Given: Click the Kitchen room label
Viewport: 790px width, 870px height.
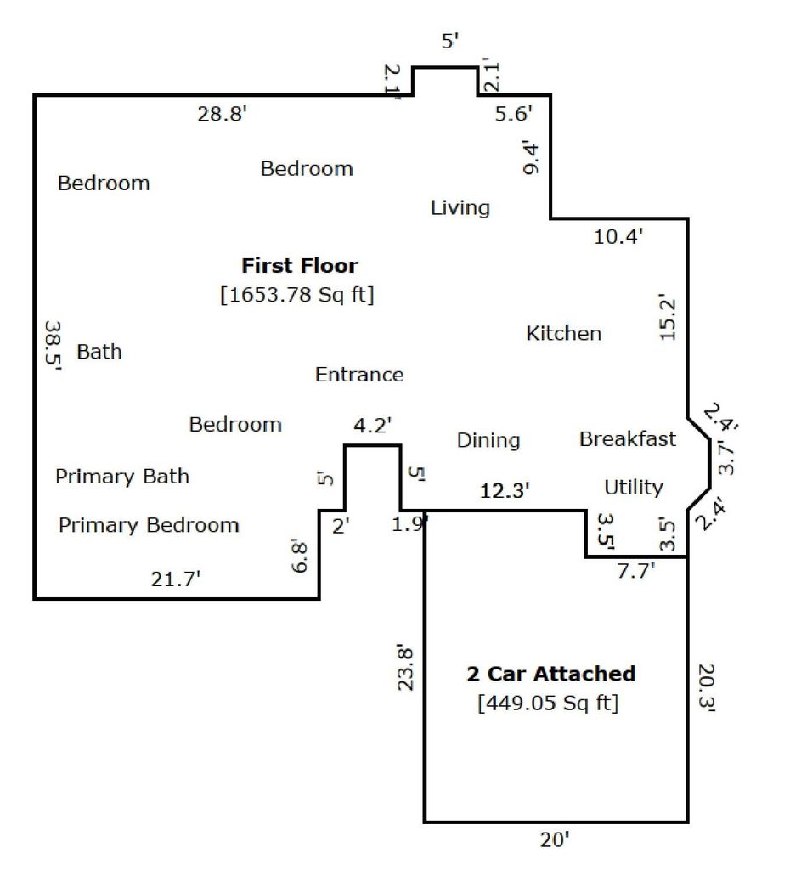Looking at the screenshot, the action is click(x=564, y=333).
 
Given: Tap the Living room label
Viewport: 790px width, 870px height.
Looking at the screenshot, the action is click(x=460, y=208).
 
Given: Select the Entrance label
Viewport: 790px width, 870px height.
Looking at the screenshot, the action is click(x=359, y=375).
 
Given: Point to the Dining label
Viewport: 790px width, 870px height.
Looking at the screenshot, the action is click(x=488, y=441).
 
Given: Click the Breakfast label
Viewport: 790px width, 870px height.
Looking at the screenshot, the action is click(x=628, y=439).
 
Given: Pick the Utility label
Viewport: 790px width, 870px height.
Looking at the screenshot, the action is click(x=633, y=487).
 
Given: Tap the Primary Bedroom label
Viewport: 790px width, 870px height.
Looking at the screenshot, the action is click(x=149, y=525).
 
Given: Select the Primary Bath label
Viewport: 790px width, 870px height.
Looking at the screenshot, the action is click(x=122, y=477).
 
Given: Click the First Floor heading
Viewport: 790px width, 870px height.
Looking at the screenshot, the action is click(x=300, y=265).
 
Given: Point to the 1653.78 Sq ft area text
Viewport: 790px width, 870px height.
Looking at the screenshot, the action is click(x=297, y=294).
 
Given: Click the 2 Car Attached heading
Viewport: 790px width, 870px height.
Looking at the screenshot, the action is click(x=551, y=674).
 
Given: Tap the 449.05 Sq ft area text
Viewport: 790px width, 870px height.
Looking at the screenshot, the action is click(x=548, y=703).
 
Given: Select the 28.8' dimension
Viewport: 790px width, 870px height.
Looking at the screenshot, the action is click(x=222, y=114).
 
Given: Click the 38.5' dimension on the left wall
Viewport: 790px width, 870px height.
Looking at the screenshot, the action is click(x=54, y=345).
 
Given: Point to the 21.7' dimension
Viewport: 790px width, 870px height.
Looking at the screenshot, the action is click(x=175, y=579).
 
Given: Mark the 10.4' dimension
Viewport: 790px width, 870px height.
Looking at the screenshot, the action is click(x=618, y=236).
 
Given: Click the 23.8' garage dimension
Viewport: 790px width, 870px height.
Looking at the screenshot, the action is click(x=405, y=667).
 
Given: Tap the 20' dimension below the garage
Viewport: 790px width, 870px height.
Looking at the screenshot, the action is click(x=555, y=839).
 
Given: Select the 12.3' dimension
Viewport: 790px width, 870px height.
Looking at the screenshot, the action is click(x=505, y=490).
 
